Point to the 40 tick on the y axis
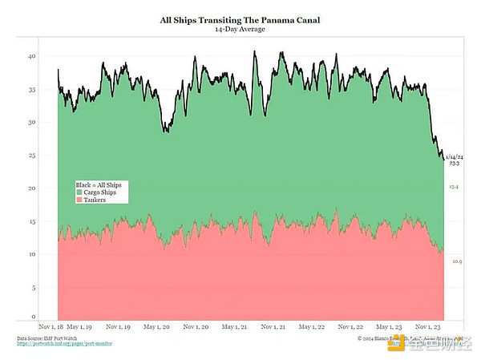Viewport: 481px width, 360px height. point(32,56)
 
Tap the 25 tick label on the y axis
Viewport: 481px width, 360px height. point(32,156)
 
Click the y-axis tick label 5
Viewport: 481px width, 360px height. point(34,287)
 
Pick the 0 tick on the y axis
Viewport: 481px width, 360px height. point(34,316)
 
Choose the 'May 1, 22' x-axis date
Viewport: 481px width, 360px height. point(311,327)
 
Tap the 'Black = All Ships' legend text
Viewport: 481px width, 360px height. point(100,185)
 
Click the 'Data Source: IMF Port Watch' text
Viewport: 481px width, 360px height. point(48,338)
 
